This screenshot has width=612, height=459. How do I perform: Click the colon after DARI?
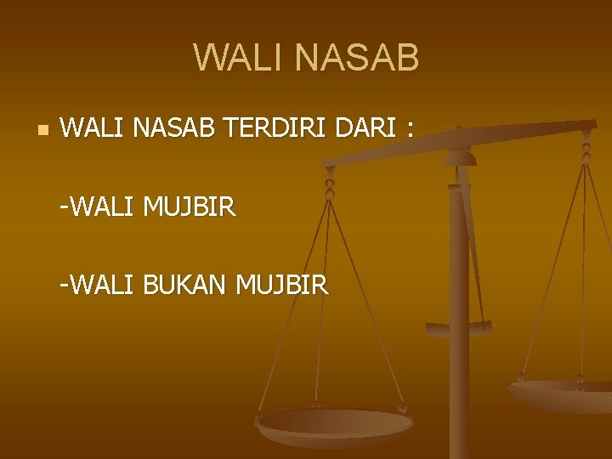pos(411,130)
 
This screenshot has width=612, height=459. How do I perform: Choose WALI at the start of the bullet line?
pos(93,128)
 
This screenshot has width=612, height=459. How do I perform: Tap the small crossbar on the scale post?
pos(459,327)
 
